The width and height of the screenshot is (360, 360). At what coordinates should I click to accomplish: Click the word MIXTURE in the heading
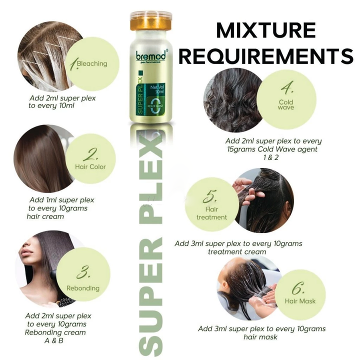click(266, 30)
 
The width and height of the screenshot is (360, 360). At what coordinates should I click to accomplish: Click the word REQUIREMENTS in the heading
click(266, 56)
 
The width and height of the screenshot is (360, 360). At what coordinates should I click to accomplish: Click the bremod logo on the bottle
click(151, 56)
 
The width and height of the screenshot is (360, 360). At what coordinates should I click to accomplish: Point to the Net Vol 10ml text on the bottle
click(157, 89)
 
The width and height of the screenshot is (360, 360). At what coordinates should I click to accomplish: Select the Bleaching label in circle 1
click(92, 63)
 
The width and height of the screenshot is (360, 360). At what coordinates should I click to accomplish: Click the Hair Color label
click(90, 166)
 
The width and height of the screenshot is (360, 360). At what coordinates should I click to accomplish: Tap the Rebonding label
click(83, 288)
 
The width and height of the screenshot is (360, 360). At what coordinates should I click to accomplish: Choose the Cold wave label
click(286, 104)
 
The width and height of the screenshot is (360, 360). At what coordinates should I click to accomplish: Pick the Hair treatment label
click(211, 213)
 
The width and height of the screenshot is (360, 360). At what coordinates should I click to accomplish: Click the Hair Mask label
click(300, 301)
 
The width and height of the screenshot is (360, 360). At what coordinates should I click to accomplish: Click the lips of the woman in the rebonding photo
click(24, 253)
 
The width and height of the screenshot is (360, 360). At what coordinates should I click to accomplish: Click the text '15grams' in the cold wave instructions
click(241, 149)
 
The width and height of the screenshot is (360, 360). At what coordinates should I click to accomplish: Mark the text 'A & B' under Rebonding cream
click(53, 340)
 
